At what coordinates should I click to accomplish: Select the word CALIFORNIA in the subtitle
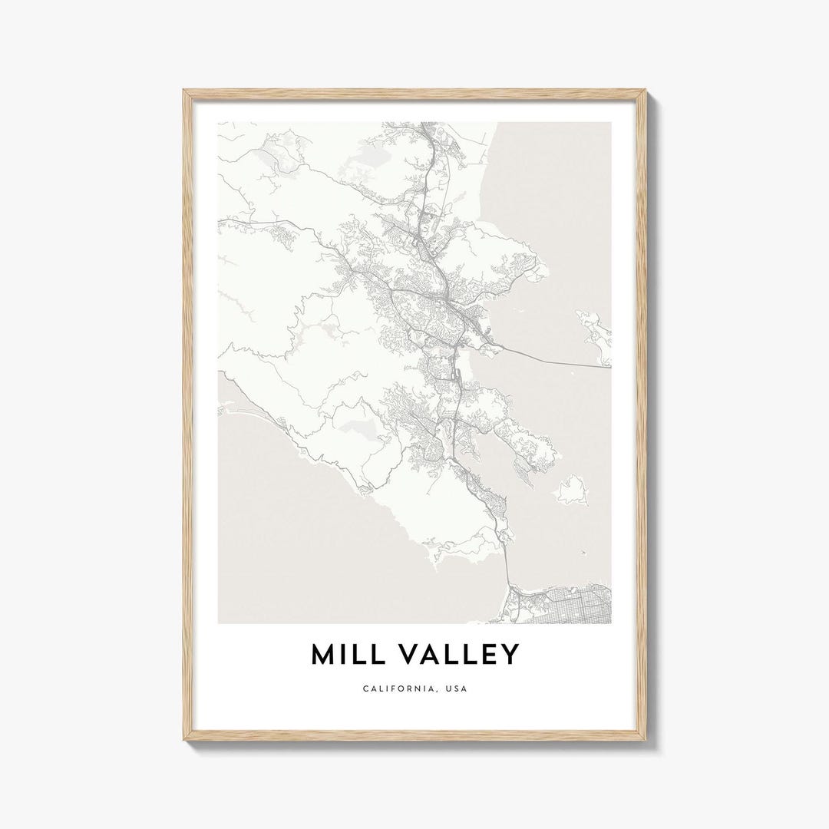point(398,689)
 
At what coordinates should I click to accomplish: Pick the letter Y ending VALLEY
point(510,655)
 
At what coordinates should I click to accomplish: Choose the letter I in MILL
point(343,655)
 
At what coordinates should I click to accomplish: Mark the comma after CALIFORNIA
point(432,691)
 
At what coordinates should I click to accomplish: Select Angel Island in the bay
point(572,490)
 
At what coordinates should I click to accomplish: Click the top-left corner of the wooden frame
point(185,91)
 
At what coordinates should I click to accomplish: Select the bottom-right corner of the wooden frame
point(644,738)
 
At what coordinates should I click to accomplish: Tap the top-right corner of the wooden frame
point(644,91)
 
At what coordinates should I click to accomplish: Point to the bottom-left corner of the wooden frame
point(185,738)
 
